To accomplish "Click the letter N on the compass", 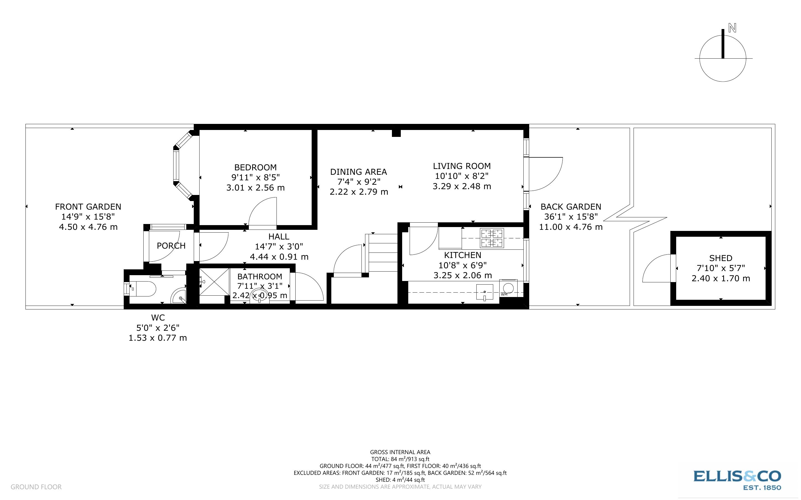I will [732, 28].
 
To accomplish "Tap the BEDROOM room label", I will [255, 167].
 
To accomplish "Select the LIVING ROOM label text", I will [462, 166].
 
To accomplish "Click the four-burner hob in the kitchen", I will [492, 238].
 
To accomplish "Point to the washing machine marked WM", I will [508, 288].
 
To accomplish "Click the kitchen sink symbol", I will [485, 292].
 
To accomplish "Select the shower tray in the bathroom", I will [214, 282].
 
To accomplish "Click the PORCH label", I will [171, 246].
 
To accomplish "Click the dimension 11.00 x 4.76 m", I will [571, 227].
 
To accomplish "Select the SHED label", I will [721, 258].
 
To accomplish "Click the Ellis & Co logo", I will [737, 480].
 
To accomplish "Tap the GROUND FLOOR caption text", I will [36, 487].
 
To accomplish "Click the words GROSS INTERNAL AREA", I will [400, 452].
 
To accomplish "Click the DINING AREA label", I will [358, 172].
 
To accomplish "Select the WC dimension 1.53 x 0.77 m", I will [157, 338].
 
